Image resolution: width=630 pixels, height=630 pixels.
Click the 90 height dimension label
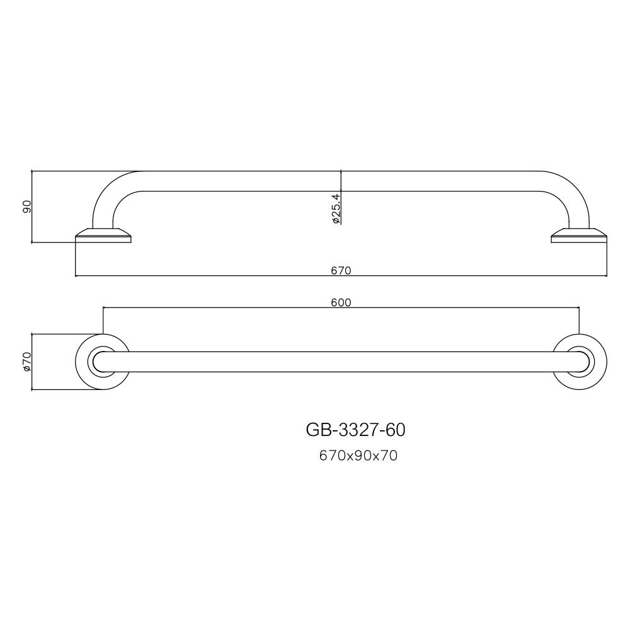(x=27, y=207)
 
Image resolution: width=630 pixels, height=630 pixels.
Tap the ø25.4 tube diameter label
(x=336, y=209)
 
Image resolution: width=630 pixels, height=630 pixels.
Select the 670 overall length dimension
(x=340, y=270)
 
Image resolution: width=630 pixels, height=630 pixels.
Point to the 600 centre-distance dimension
(x=340, y=302)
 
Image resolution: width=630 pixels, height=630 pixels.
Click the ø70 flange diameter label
(x=27, y=362)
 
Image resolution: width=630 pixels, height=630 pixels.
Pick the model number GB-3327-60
(x=355, y=430)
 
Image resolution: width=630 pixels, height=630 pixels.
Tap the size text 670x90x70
(x=358, y=456)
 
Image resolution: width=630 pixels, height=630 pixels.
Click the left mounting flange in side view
(x=103, y=237)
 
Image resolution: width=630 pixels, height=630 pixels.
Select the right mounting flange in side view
(x=579, y=237)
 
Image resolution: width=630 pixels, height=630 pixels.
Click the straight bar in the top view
(x=340, y=362)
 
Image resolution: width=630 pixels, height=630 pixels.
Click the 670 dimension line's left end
(x=76, y=276)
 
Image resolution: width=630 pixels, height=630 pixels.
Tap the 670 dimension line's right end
(x=607, y=276)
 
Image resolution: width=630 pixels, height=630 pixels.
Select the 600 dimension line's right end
(x=579, y=308)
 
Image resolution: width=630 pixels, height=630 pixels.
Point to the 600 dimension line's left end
(x=103, y=308)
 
